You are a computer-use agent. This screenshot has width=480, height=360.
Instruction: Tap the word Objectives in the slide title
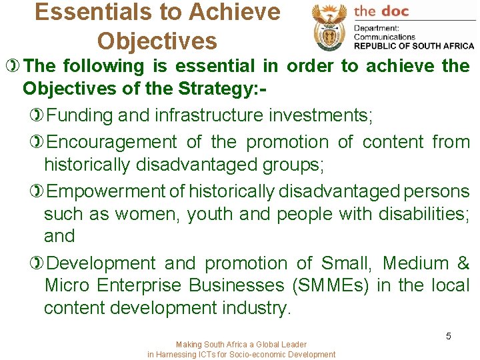pyautogui.click(x=157, y=41)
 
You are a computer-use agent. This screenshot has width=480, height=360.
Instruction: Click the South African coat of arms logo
pyautogui.click(x=329, y=27)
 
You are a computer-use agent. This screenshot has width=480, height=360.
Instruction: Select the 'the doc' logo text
pyautogui.click(x=381, y=11)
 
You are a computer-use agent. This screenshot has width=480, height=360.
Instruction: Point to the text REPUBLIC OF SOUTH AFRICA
pyautogui.click(x=414, y=46)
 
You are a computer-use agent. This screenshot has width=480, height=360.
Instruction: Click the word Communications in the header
pyautogui.click(x=385, y=37)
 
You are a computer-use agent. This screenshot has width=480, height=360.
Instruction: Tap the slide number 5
pyautogui.click(x=449, y=336)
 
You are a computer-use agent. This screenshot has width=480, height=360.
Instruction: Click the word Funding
pyautogui.click(x=81, y=115)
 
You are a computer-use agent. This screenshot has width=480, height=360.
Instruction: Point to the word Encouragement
pyautogui.click(x=113, y=142)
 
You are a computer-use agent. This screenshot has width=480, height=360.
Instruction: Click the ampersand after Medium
pyautogui.click(x=463, y=263)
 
